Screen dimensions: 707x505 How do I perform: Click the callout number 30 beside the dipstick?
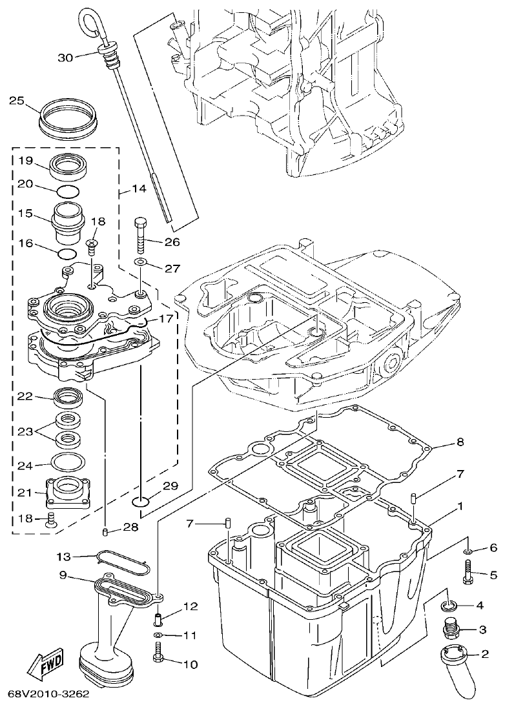coord(65,57)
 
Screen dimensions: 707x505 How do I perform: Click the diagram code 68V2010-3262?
coord(48,695)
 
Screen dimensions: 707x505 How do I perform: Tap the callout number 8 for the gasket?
coord(460,443)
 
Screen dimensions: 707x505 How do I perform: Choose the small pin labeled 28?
coord(106,531)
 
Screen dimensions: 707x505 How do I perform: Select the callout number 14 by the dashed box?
coord(139,189)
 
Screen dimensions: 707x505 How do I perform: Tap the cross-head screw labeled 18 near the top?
coord(92,243)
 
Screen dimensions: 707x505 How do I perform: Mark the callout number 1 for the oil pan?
coord(460,506)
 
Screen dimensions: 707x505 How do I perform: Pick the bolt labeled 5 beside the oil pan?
coord(469,571)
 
